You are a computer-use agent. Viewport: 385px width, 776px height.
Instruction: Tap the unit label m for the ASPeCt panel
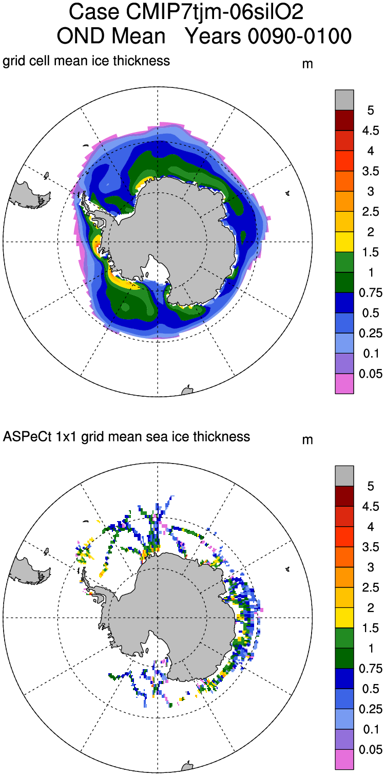coord(307,440)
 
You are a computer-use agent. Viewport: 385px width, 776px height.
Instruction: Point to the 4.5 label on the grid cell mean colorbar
coord(367,130)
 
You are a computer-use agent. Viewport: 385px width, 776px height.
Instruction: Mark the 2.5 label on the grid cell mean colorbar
coord(367,212)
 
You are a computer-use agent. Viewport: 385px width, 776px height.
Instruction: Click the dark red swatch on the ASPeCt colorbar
coord(344,496)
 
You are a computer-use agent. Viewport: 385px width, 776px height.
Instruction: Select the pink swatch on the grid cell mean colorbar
coord(344,384)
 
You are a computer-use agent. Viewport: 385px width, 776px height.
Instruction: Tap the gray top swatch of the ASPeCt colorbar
coord(344,476)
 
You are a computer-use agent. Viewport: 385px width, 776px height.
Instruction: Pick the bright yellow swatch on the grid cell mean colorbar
coord(344,242)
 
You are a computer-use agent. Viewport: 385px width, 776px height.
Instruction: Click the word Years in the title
coord(211,36)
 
